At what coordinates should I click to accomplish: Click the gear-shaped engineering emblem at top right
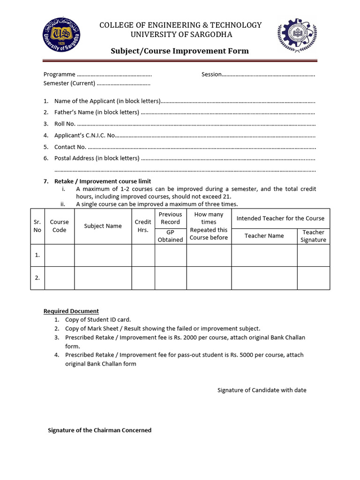pyautogui.click(x=297, y=36)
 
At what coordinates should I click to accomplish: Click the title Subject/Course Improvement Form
pyautogui.click(x=180, y=51)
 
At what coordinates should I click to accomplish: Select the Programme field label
pyautogui.click(x=59, y=74)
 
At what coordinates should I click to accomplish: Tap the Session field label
pyautogui.click(x=211, y=74)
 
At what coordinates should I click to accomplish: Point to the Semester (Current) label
pyautogui.click(x=69, y=83)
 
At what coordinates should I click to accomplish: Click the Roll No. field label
pyautogui.click(x=65, y=124)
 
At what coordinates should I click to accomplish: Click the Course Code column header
pyautogui.click(x=59, y=226)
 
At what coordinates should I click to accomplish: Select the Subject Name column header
pyautogui.click(x=103, y=226)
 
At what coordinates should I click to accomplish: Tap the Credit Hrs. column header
pyautogui.click(x=143, y=226)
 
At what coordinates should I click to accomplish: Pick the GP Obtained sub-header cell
pyautogui.click(x=170, y=236)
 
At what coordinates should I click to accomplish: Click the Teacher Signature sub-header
pyautogui.click(x=313, y=236)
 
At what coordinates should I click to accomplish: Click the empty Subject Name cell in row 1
pyautogui.click(x=103, y=255)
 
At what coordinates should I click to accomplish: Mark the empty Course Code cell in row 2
pyautogui.click(x=59, y=278)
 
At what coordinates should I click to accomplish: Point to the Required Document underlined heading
pyautogui.click(x=71, y=311)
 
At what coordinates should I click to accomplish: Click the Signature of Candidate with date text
pyautogui.click(x=262, y=390)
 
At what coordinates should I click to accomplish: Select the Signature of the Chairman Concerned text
pyautogui.click(x=100, y=430)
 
